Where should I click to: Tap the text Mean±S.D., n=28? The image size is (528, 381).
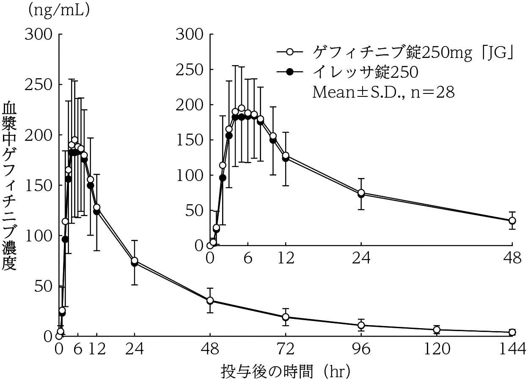383,92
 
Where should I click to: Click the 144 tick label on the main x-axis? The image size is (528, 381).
512,350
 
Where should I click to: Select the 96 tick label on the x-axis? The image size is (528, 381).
361,350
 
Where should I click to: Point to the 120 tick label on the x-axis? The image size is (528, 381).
437,350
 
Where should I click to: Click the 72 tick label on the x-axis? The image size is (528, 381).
286,350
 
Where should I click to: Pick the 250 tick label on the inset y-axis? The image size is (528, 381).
189,69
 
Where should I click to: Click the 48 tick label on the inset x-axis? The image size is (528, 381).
512,259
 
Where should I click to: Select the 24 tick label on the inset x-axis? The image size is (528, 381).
361,259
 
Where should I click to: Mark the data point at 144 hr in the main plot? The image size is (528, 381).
512,332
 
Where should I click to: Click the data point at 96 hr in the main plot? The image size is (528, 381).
361,325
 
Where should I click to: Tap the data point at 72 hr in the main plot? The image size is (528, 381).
286,317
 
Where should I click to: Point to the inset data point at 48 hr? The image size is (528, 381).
512,220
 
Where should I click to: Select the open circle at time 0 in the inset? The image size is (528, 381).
210,245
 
